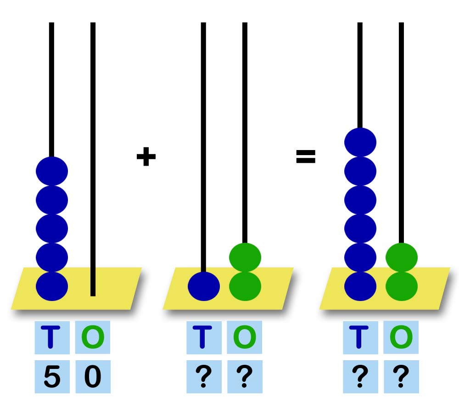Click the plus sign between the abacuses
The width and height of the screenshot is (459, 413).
coord(146,157)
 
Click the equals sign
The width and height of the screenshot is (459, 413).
coord(306,157)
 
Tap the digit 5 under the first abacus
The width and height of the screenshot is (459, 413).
coord(52,377)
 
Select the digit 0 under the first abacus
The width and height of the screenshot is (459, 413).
coord(93,377)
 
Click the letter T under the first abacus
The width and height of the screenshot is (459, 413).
coord(52,337)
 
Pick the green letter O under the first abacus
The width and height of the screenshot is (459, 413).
coord(93,337)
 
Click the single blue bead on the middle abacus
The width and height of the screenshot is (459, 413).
coord(204,286)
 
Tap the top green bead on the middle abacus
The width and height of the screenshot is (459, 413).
coord(245,257)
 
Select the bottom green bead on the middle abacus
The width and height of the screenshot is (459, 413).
coord(245,286)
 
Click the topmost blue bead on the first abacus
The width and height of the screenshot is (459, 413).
coord(52,171)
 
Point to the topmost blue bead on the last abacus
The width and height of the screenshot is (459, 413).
coord(360,142)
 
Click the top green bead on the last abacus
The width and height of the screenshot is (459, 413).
coord(402,257)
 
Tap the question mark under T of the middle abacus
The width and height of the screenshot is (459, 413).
coord(204,377)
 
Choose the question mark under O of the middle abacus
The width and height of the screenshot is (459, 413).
coord(245,377)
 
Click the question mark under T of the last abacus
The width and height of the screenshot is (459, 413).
coord(360,377)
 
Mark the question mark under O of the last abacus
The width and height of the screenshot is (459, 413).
coord(401,377)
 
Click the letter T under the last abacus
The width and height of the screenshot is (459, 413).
coord(360,337)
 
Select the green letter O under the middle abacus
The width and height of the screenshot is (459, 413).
coord(245,337)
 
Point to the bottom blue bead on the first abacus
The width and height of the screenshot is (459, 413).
coord(52,286)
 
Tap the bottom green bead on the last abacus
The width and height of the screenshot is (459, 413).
coord(402,286)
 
